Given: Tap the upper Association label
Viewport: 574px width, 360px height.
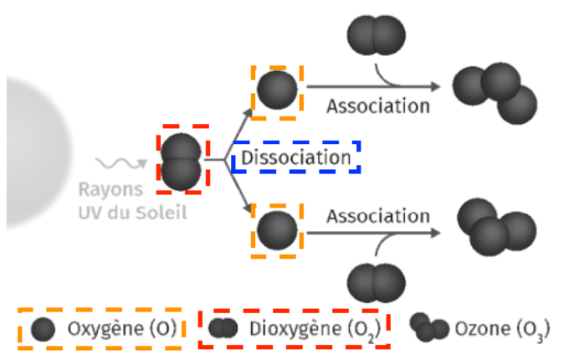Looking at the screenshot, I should tap(377, 106).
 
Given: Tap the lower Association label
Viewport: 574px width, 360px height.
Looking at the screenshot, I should tap(377, 216).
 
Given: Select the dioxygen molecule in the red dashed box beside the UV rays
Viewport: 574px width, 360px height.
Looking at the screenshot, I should tap(182, 161).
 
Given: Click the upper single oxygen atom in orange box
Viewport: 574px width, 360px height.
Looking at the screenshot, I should tap(277, 89).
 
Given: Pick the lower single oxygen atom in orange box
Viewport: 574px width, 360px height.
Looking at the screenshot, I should tap(277, 230).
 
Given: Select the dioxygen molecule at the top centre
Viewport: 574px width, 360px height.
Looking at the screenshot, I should tap(373, 38).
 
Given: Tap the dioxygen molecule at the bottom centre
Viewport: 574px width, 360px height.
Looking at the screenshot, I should tap(374, 285).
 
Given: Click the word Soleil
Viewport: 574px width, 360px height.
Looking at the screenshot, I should tap(163, 212).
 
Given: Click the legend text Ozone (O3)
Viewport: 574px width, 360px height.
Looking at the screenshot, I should tap(503, 327).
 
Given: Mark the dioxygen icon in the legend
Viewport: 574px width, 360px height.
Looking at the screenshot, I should tap(223, 328).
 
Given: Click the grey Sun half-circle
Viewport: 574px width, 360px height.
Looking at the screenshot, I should tap(33, 151).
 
